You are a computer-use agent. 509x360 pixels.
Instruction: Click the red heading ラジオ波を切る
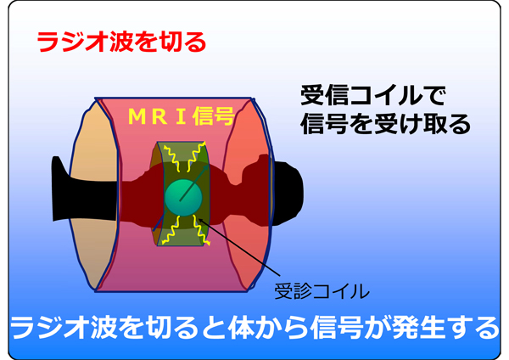click(x=121, y=42)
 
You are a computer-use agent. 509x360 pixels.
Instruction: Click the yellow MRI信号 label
click(x=182, y=116)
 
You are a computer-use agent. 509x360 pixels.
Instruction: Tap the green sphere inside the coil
click(x=183, y=198)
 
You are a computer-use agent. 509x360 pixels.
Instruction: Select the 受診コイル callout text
click(x=322, y=290)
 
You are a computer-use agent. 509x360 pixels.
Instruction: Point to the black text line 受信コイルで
click(x=373, y=96)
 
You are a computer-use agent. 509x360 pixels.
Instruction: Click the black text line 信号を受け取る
click(x=385, y=124)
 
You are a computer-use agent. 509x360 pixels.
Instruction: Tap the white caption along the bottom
click(x=255, y=328)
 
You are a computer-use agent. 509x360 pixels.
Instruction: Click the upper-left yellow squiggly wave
click(x=172, y=159)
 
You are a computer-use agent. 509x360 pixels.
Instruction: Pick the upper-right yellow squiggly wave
click(x=196, y=158)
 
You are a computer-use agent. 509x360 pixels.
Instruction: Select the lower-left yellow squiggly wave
click(x=171, y=230)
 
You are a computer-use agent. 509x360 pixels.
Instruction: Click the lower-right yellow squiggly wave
click(x=201, y=230)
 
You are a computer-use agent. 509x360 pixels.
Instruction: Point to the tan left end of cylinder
click(x=94, y=195)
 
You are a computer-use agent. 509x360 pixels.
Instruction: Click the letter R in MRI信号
click(x=159, y=116)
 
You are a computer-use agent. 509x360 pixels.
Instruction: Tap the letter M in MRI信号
click(x=137, y=116)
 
